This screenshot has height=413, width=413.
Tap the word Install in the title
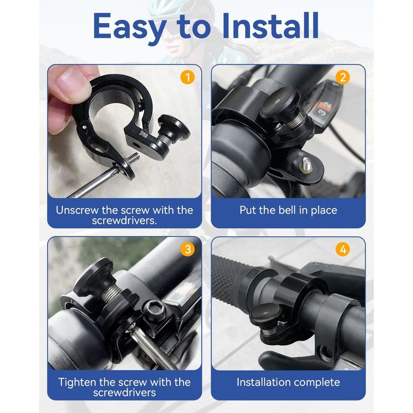[x=270, y=25]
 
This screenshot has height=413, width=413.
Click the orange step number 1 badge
[x=187, y=77]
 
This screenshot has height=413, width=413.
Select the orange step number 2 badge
[x=343, y=77]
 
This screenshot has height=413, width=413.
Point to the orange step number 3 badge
[x=187, y=249]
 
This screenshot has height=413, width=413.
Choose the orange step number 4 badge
[x=343, y=249]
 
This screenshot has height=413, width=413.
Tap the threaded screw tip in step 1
[x=133, y=158]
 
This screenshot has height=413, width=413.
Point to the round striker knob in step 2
[x=280, y=101]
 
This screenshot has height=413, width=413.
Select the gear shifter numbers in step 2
[x=326, y=108]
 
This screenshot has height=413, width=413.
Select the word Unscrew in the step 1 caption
[x=77, y=210]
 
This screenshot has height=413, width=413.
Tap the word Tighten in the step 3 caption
[x=77, y=382]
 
